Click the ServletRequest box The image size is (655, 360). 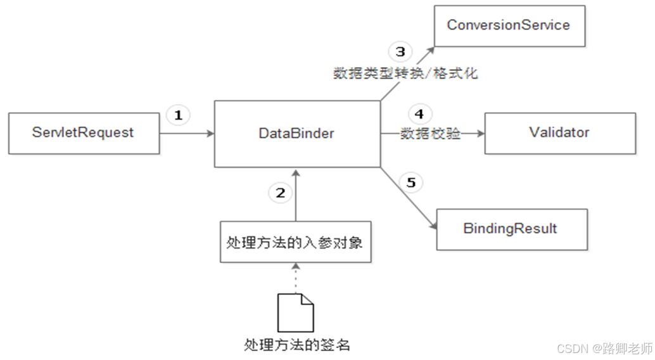coord(84,133)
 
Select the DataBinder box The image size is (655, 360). coord(296,134)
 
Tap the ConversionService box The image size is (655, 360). coord(509,25)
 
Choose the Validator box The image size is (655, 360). coord(559,133)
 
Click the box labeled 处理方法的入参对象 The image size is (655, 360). coord(295,242)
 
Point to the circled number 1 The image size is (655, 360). coord(178,115)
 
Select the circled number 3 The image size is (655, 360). coord(400,51)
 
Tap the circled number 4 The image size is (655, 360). coord(418,115)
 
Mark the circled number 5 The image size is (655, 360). coord(411,183)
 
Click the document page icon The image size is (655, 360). coord(295,312)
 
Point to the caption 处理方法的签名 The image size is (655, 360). coord(297,345)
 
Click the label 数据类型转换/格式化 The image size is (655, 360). coord(405,74)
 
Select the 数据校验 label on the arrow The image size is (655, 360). coord(430,133)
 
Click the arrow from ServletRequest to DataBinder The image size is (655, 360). coord(188,134)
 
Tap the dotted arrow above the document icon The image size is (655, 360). coord(295,278)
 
